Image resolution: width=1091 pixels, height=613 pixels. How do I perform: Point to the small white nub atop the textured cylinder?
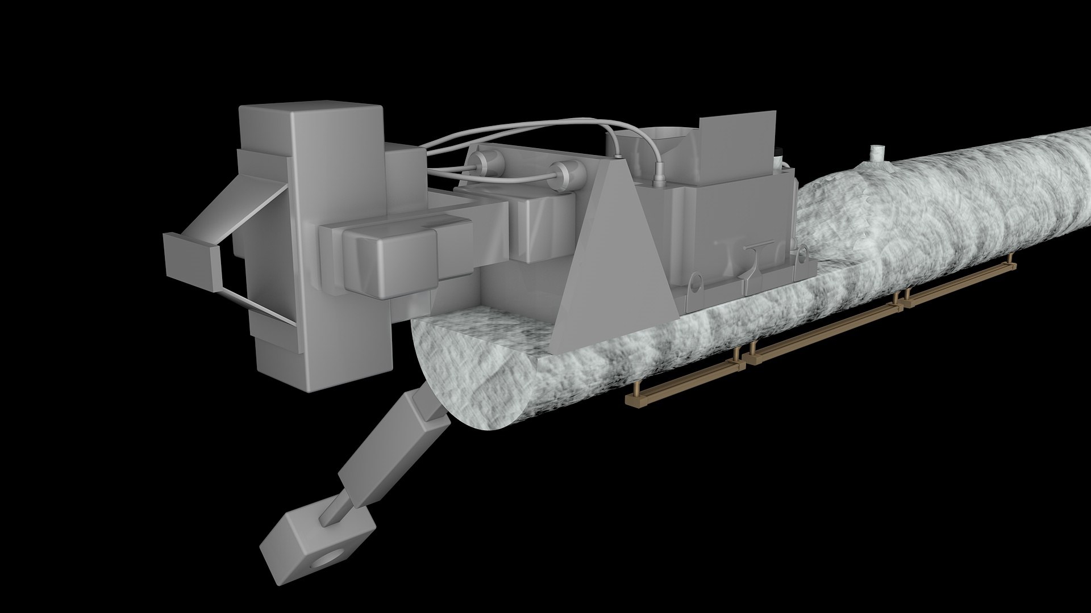click(x=878, y=153)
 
